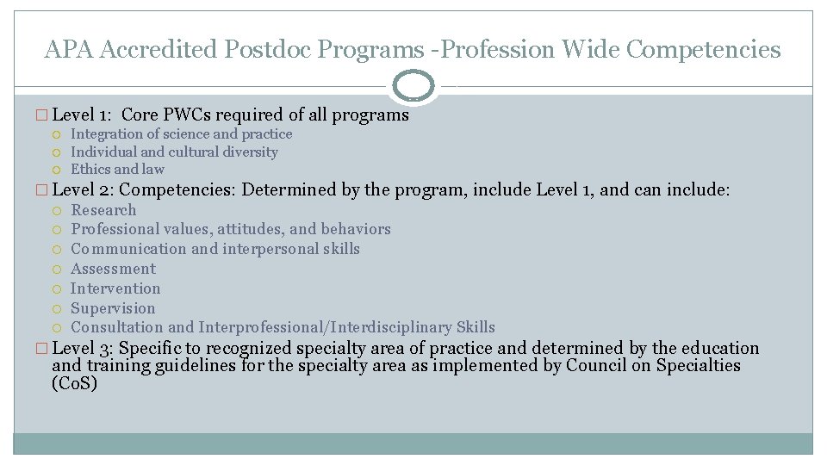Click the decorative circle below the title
click(413, 86)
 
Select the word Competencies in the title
click(704, 50)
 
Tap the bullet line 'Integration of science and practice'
click(181, 134)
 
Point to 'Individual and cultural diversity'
click(174, 152)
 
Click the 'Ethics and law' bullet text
click(117, 170)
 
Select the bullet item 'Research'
click(103, 210)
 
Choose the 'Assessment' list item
click(113, 269)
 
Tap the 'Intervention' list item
click(115, 288)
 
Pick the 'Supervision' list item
click(113, 308)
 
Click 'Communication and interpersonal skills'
click(215, 249)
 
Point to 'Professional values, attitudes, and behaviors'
click(231, 229)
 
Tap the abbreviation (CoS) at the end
click(75, 384)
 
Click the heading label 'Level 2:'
click(89, 189)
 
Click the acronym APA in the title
click(70, 50)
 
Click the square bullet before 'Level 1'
click(45, 115)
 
